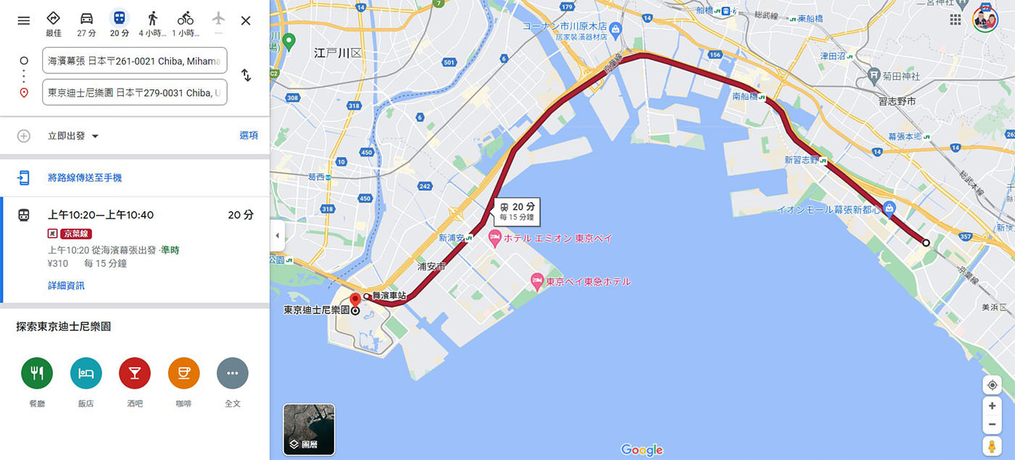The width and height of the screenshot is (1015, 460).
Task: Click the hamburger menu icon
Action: [x=24, y=20]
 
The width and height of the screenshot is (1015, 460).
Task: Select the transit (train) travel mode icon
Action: [x=119, y=18]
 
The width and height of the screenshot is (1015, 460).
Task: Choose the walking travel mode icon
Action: [x=152, y=18]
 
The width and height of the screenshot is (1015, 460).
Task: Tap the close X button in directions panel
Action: [x=246, y=20]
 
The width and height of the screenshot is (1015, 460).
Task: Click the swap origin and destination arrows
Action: [x=246, y=75]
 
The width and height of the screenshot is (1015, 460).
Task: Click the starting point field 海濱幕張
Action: [x=134, y=61]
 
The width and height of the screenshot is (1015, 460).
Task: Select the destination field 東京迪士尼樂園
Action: [x=134, y=92]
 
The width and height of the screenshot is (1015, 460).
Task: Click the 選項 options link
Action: [x=249, y=136]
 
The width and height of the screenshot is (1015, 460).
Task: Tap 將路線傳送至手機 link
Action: [x=85, y=178]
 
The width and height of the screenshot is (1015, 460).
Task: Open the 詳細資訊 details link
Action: [x=66, y=286]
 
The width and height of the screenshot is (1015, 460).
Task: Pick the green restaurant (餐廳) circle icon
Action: [x=37, y=373]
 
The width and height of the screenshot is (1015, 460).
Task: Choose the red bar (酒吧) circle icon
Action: [x=135, y=373]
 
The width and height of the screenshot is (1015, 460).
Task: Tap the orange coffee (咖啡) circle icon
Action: [x=183, y=373]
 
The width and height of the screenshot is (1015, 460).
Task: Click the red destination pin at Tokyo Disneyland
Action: [x=355, y=300]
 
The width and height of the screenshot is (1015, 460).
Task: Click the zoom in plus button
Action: [x=992, y=406]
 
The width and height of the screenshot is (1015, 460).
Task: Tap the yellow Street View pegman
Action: [x=992, y=445]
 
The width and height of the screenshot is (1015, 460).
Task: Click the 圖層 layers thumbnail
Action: [x=309, y=430]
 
